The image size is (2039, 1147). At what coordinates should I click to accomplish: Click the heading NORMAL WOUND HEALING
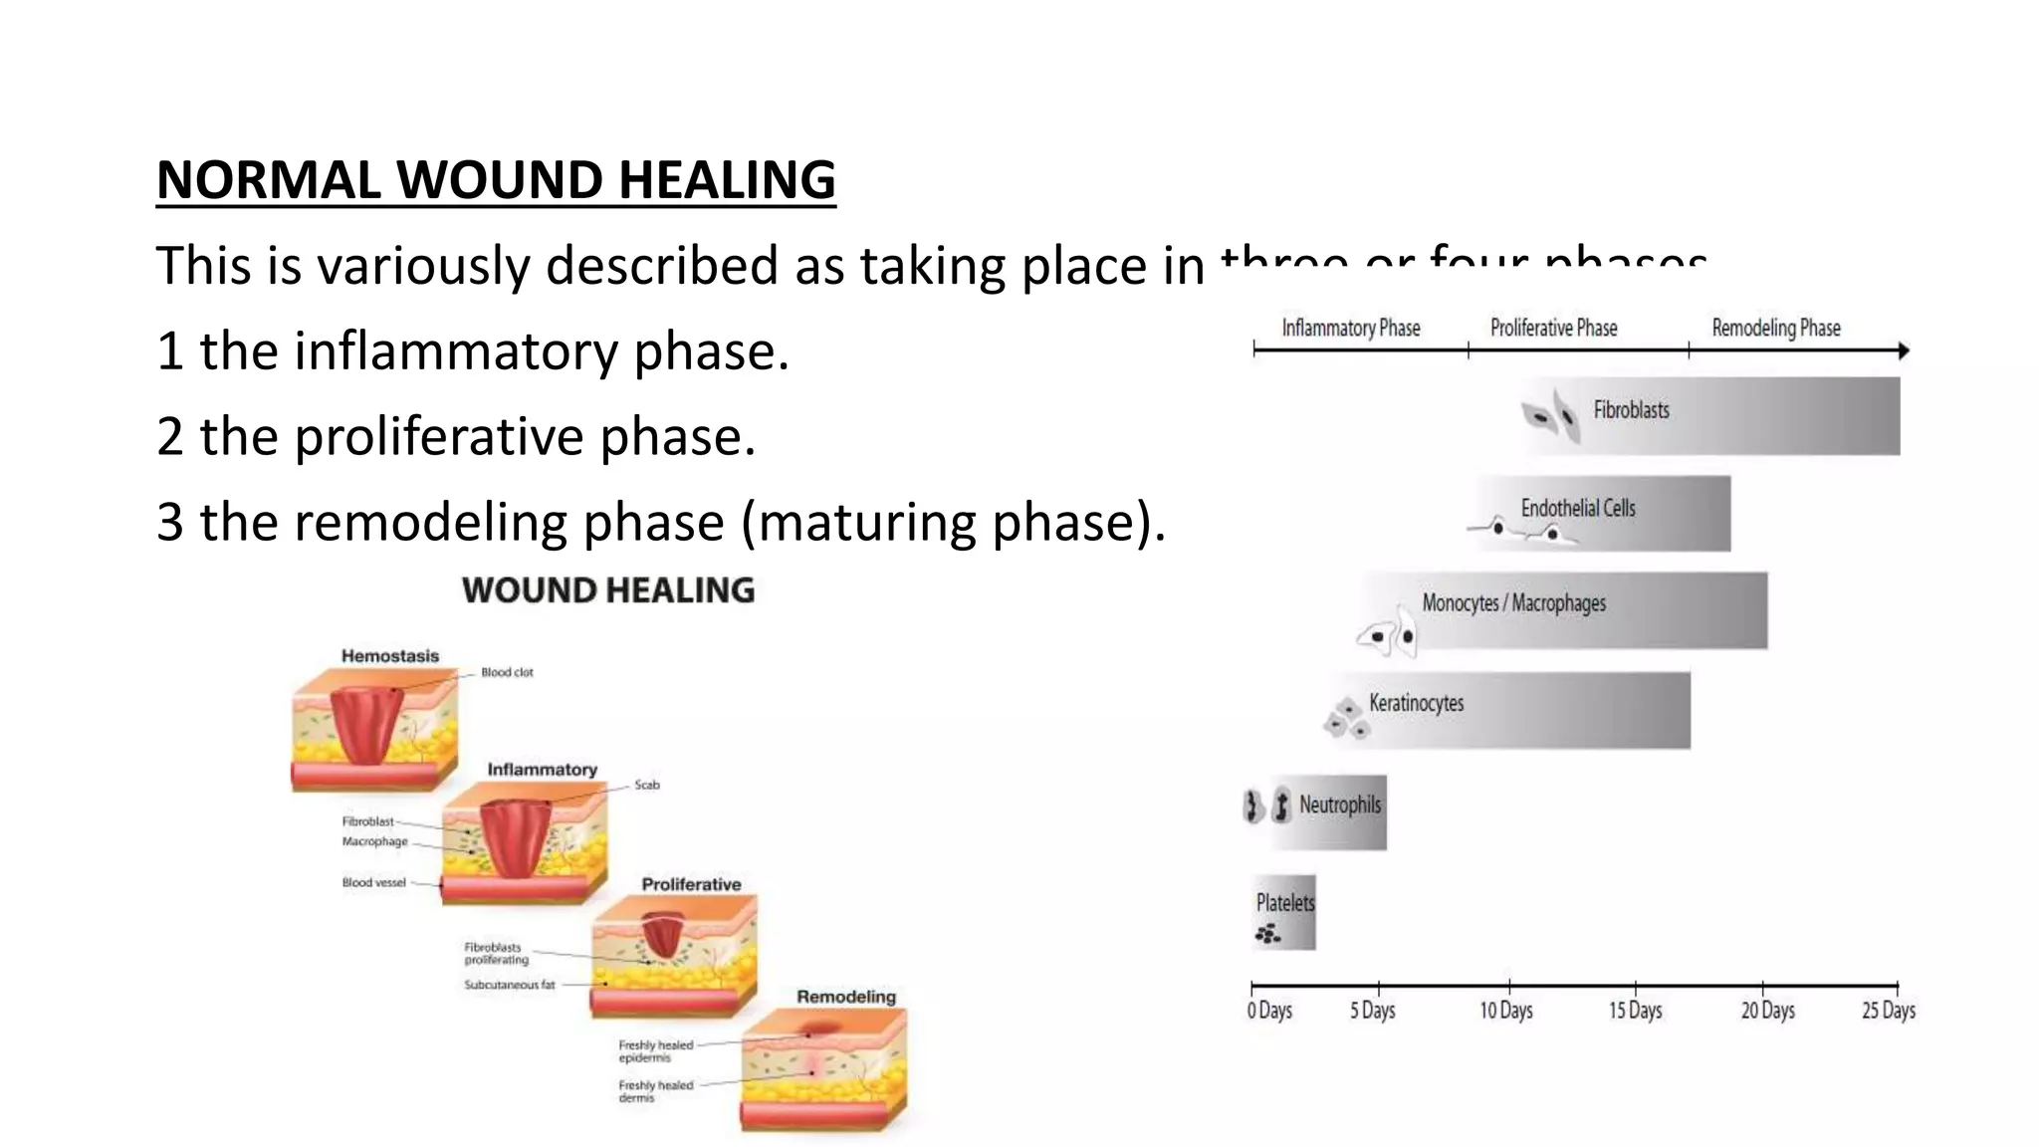(496, 180)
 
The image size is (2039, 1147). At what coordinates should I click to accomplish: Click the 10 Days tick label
(1505, 1011)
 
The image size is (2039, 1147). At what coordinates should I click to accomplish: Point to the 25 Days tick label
(1889, 1011)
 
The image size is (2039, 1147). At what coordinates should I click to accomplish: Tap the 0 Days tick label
(1269, 1011)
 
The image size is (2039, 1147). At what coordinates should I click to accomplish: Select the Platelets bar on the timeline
(1284, 912)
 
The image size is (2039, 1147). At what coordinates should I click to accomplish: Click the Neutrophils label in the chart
(1339, 804)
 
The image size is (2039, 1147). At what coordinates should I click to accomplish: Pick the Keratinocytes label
(1416, 703)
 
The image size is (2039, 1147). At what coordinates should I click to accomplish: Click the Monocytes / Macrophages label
(1513, 603)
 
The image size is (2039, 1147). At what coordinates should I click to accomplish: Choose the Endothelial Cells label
(1578, 508)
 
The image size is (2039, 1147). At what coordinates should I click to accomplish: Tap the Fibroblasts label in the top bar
(1631, 410)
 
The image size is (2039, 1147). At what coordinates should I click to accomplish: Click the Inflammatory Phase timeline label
(1350, 328)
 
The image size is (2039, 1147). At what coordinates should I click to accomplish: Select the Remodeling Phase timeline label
(1776, 328)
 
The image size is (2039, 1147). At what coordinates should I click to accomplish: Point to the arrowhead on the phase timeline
(1904, 350)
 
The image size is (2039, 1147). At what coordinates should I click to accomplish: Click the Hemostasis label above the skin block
(389, 656)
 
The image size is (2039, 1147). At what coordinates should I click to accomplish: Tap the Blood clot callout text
(507, 673)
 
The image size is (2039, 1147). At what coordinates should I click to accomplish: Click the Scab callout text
(647, 786)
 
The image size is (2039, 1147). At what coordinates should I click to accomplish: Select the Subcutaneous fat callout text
(509, 986)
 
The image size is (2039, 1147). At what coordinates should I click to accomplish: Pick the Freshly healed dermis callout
(655, 1091)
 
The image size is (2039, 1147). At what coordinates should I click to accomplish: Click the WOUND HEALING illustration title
(608, 590)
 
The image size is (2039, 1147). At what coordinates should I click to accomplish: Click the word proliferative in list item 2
(438, 437)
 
